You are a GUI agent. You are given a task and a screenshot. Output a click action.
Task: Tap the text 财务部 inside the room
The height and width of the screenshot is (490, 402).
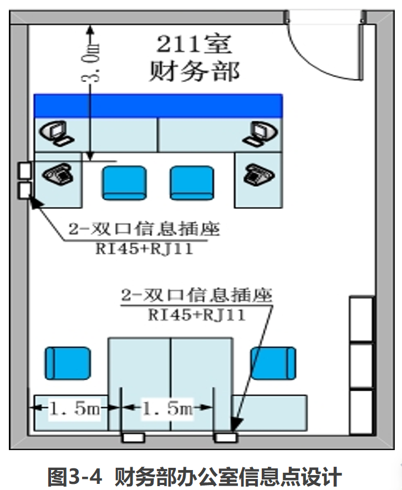tap(195, 72)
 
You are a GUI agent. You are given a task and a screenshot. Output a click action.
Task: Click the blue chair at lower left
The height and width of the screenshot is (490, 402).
tap(67, 363)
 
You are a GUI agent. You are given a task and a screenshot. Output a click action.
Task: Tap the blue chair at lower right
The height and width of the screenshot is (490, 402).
tap(273, 363)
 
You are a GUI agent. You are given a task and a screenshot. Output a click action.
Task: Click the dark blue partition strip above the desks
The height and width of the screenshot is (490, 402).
tap(159, 105)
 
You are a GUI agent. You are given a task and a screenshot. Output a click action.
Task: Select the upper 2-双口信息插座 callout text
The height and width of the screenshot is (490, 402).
tap(144, 229)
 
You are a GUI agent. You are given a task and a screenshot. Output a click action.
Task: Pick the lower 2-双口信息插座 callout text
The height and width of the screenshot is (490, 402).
tap(197, 294)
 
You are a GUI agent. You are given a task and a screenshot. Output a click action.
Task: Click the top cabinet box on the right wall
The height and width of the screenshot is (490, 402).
tap(362, 319)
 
